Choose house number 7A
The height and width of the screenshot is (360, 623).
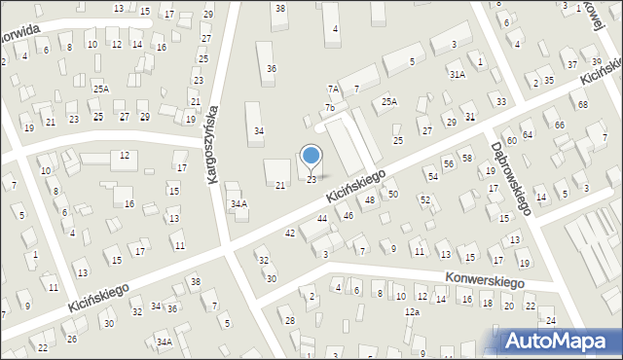(x=333, y=89)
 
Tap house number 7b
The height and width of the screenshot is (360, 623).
(x=330, y=107)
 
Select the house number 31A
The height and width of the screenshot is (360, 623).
(x=457, y=73)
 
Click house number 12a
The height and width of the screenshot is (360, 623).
(x=413, y=311)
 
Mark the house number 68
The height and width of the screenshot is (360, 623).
(x=582, y=104)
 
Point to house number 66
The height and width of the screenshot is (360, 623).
(x=560, y=126)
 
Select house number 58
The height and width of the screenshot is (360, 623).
(x=466, y=158)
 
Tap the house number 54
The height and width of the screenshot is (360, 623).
(x=432, y=176)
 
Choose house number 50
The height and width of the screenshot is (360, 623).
(x=392, y=195)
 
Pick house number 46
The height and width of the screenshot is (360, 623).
(x=348, y=215)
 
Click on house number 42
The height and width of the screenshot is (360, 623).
(x=290, y=234)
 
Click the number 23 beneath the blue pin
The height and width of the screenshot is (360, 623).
(x=311, y=179)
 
